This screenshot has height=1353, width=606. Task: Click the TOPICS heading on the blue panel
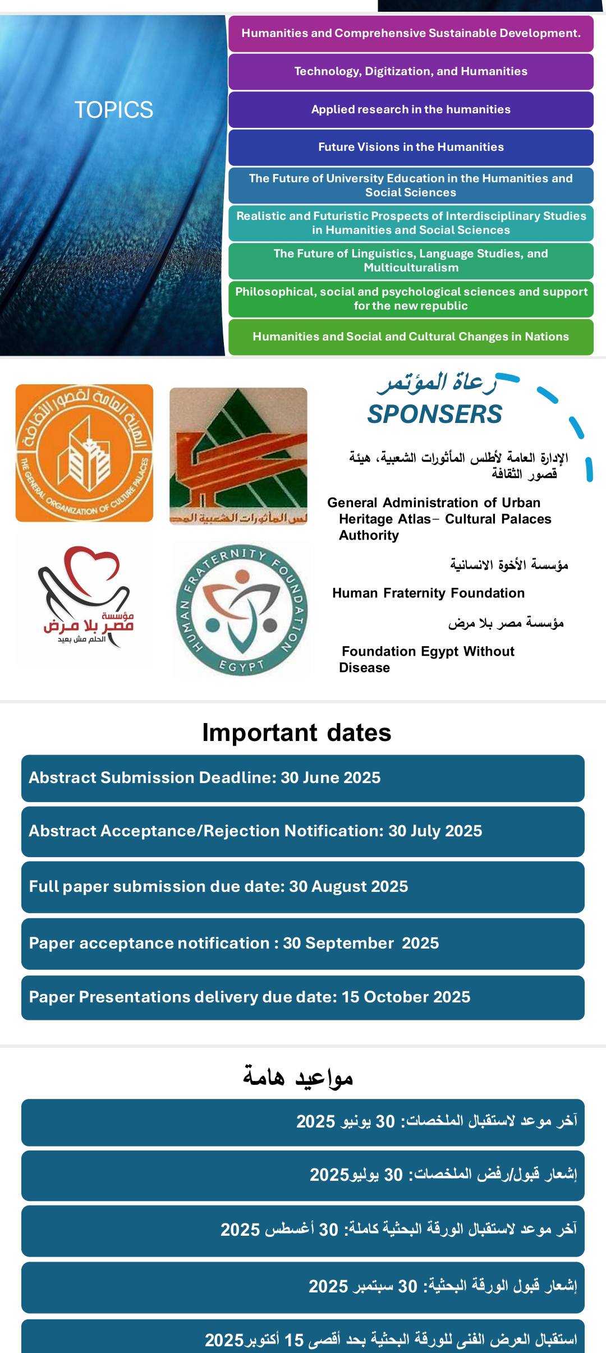point(114,110)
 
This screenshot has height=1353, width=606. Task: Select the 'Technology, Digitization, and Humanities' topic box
point(411,72)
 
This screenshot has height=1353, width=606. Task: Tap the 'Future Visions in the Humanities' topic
point(411,147)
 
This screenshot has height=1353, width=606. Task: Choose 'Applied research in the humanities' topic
point(411,109)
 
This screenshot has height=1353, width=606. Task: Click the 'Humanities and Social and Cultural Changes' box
point(411,337)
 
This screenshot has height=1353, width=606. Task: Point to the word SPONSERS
point(434,415)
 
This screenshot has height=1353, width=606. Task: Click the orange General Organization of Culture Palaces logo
point(84,453)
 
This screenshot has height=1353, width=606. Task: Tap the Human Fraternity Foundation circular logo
point(241,610)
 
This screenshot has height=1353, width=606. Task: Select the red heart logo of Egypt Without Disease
point(84,597)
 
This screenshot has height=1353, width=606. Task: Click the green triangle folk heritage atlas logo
point(238,455)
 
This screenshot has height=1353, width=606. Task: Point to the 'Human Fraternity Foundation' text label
point(428,593)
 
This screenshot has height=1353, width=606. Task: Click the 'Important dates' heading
point(297,733)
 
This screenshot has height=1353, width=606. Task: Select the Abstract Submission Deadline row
point(303,778)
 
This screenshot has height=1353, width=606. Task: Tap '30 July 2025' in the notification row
point(435,831)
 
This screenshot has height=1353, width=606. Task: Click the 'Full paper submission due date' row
point(303,887)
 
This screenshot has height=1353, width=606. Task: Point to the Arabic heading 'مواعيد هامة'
point(298,1076)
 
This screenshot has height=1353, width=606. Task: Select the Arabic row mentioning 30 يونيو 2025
point(303,1122)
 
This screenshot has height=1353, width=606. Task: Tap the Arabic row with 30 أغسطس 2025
point(303,1230)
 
